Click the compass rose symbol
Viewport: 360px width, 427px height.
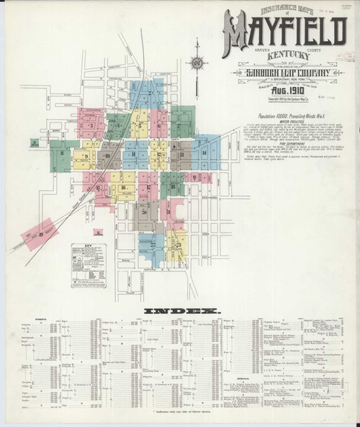[196, 64]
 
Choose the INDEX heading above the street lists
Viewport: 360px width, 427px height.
[181, 310]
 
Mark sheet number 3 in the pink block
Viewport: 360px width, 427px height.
[91, 125]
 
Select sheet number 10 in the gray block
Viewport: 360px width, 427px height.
[107, 154]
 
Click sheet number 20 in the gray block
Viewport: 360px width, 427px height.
[145, 212]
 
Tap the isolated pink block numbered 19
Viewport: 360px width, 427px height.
[42, 232]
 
